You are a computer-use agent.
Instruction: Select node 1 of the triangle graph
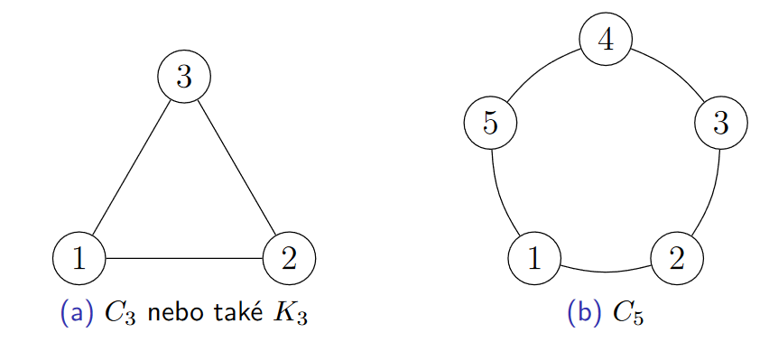79,258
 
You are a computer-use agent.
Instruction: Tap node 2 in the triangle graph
289,258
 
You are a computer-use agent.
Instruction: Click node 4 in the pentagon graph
606,42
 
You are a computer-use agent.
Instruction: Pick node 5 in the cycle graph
490,122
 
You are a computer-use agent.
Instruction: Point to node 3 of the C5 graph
720,122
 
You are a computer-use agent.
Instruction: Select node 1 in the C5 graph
534,258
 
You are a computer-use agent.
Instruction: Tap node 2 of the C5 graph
676,258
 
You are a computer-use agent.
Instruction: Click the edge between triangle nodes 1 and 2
184,258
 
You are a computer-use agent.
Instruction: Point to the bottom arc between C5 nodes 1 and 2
605,271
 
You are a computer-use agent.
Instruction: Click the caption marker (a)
76,313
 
